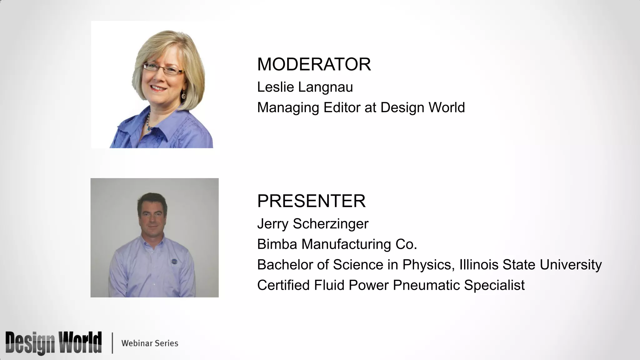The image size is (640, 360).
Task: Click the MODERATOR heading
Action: point(314,64)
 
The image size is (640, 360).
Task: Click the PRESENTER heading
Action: point(311,201)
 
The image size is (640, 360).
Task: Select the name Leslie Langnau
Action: point(305,87)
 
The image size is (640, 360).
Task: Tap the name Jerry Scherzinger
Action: point(312,224)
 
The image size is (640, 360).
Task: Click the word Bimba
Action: point(277,244)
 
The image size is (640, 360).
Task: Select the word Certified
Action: point(283,285)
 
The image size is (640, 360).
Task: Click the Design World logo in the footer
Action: point(53,343)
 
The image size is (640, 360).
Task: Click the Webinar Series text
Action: point(150,343)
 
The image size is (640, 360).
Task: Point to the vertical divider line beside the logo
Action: point(112,343)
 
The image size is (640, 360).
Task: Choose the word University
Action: point(571,265)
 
